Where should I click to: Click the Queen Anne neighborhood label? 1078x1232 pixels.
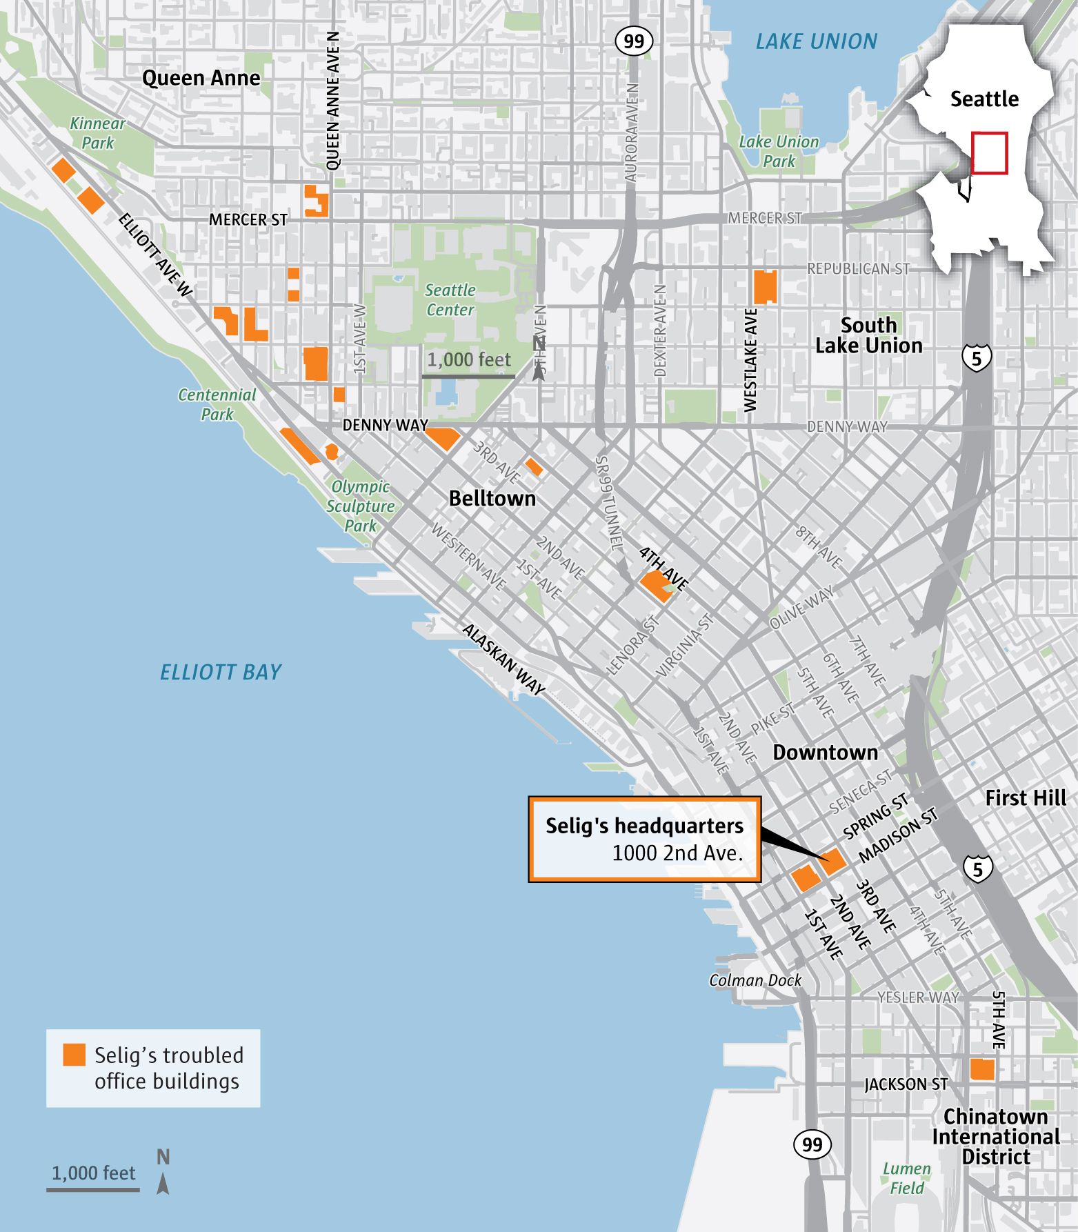(x=201, y=78)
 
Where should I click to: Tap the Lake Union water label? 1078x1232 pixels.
(x=816, y=41)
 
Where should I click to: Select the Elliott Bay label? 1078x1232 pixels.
(x=221, y=672)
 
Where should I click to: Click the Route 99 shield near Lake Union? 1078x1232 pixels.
(x=634, y=41)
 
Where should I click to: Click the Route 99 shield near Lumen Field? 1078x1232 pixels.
(x=812, y=1144)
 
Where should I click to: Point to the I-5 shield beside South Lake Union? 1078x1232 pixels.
(x=977, y=357)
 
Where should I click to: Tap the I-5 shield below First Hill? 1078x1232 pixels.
(x=977, y=869)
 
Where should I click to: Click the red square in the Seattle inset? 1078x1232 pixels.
(x=989, y=152)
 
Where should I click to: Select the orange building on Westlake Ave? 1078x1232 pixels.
(x=765, y=287)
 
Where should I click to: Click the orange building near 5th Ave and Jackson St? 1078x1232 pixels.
(x=982, y=1069)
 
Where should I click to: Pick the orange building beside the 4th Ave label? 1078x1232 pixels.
(x=657, y=585)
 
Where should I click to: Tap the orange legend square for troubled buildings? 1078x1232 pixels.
(x=74, y=1055)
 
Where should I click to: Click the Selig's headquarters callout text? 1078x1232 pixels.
(x=644, y=839)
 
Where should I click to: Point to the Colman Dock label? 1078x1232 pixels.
(x=755, y=980)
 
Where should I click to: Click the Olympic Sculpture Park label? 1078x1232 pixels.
(x=360, y=506)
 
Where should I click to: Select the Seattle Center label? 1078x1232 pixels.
(x=450, y=299)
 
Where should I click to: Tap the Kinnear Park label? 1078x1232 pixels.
(x=97, y=133)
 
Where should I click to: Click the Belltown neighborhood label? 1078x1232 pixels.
(x=492, y=498)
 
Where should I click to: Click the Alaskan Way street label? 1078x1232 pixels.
(x=503, y=659)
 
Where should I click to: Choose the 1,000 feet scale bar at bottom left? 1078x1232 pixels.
(x=93, y=1189)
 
